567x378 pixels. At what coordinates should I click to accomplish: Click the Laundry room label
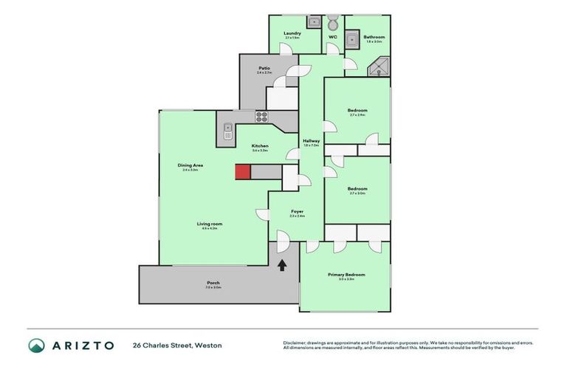(292, 33)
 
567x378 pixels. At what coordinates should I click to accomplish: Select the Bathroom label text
(374, 37)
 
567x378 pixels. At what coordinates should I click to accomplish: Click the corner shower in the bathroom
(379, 68)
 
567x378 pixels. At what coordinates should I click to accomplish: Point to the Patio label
(264, 68)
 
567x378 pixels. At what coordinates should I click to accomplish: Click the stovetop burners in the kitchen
(261, 116)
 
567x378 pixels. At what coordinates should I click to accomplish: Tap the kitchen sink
(228, 131)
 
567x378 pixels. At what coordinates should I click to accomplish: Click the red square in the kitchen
(243, 171)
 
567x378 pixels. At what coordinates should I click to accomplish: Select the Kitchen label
(260, 146)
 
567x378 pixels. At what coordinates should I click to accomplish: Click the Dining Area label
(190, 165)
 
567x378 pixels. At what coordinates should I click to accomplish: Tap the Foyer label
(297, 212)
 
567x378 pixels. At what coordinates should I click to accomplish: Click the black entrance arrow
(281, 264)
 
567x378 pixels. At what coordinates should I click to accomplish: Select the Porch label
(213, 283)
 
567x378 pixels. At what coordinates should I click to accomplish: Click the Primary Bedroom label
(346, 275)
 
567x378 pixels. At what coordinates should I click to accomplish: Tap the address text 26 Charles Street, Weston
(177, 346)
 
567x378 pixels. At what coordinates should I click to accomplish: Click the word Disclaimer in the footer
(295, 343)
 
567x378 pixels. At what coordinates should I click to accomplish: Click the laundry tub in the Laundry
(313, 22)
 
